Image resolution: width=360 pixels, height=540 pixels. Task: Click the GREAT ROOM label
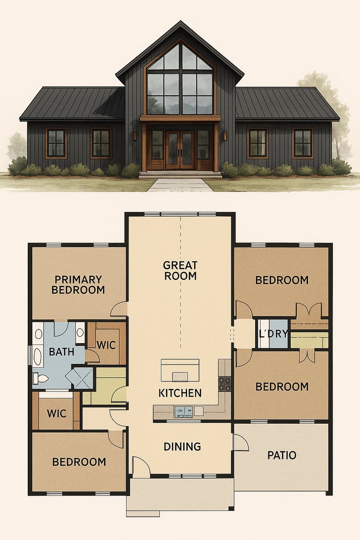(x=180, y=270)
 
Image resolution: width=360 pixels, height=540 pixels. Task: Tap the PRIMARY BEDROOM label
(x=78, y=285)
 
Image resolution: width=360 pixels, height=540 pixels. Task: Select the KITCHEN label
(x=180, y=393)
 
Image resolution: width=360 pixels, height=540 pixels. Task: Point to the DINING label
(x=182, y=447)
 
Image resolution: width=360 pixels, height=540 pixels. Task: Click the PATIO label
(x=282, y=455)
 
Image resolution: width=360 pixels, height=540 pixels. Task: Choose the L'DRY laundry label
(x=273, y=334)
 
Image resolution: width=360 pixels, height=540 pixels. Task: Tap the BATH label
(x=62, y=352)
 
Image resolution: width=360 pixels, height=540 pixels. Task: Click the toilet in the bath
(x=41, y=378)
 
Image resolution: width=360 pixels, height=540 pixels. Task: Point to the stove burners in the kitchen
(x=225, y=384)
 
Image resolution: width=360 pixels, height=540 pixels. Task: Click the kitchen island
(x=180, y=370)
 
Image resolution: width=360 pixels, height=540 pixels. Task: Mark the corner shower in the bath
(x=80, y=378)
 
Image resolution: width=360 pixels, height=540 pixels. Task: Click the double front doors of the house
(x=180, y=150)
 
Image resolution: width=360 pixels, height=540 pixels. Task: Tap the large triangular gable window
(x=180, y=79)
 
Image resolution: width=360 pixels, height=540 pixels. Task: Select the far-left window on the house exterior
(x=56, y=143)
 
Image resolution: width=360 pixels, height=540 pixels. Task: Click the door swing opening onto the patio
(x=241, y=442)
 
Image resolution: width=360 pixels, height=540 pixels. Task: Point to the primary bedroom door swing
(x=119, y=309)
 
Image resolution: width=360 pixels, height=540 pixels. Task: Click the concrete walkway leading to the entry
(x=180, y=185)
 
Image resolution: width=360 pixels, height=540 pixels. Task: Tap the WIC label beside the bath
(x=106, y=345)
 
